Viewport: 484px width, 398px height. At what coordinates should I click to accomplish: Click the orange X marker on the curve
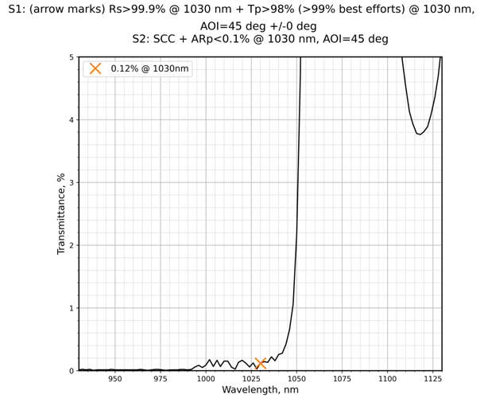[261, 363]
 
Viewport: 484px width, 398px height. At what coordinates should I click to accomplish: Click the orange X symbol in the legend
[95, 68]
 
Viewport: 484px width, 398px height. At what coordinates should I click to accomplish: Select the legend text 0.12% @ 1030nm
[150, 68]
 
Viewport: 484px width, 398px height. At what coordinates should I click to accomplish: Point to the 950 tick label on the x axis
[115, 379]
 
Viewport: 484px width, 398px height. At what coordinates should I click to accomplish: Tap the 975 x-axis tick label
[161, 379]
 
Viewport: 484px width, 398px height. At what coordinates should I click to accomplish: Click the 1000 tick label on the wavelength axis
[206, 379]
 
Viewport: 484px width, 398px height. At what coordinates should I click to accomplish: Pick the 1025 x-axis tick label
[251, 379]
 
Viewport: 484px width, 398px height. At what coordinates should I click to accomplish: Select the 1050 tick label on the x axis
[296, 379]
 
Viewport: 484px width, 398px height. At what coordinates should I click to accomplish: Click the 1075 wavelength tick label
[343, 379]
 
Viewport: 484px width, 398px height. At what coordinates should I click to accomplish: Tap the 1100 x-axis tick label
[388, 379]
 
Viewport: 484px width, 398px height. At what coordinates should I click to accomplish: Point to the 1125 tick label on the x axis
[433, 379]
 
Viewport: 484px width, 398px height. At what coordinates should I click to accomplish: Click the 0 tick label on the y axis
[71, 371]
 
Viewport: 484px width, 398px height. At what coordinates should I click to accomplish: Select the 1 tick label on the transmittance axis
[71, 308]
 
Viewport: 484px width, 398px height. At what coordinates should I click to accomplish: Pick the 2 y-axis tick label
[71, 245]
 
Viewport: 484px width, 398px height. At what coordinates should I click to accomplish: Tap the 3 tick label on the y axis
[71, 183]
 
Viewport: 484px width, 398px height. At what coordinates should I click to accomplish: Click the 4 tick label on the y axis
[71, 120]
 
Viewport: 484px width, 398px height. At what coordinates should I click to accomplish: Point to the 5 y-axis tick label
[71, 57]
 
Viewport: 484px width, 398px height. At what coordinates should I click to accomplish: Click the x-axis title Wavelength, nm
[261, 390]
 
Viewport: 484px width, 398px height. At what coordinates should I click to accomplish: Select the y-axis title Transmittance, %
[61, 214]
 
